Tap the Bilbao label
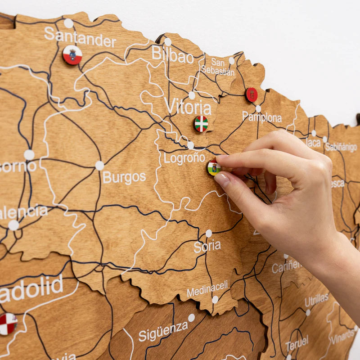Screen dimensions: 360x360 (x=172, y=55)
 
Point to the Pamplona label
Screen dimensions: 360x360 (x=262, y=117)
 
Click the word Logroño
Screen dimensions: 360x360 (x=184, y=158)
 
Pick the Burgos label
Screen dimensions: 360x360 (x=124, y=177)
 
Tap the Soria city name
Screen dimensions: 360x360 (x=207, y=246)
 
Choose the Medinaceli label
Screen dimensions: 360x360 (x=207, y=289)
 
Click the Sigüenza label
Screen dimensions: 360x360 (x=163, y=332)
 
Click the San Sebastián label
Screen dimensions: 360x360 (x=218, y=67)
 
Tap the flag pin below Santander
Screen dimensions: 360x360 (x=72, y=55)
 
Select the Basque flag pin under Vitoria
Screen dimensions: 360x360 (x=201, y=123)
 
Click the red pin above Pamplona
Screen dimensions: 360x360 (x=252, y=94)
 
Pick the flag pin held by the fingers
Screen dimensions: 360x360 (x=214, y=168)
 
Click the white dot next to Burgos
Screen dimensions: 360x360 (x=99, y=166)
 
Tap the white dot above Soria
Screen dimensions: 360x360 (x=208, y=233)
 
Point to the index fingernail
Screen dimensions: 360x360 (x=222, y=180)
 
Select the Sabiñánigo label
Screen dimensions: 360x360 (x=341, y=147)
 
